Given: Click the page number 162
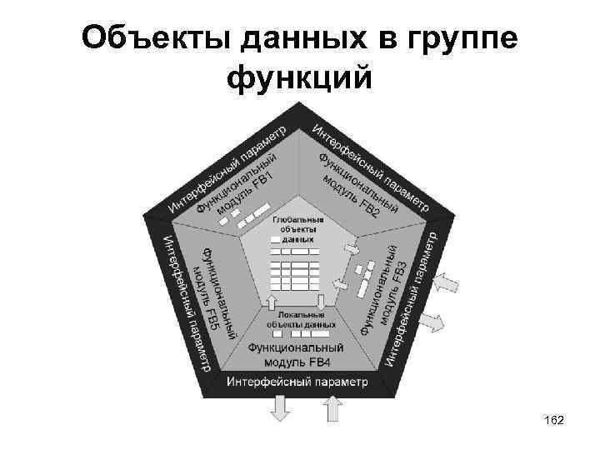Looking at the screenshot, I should click(x=551, y=422).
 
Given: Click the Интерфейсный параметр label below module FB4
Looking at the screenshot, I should click(x=296, y=382).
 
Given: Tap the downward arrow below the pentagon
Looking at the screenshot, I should click(x=279, y=408).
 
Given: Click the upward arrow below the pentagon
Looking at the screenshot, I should click(x=332, y=408).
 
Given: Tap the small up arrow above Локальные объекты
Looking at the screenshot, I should click(x=272, y=301).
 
